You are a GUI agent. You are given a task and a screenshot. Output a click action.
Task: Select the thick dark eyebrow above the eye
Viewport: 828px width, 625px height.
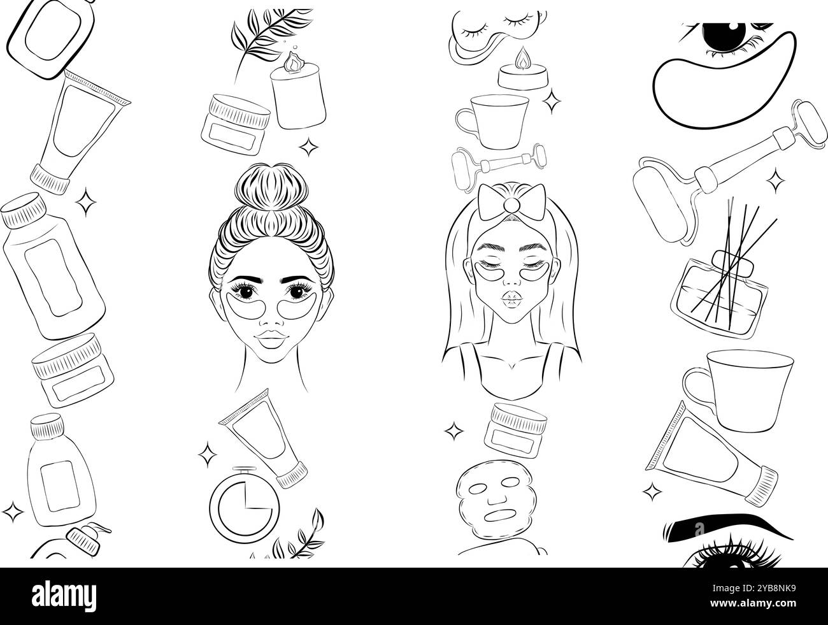click(710, 530)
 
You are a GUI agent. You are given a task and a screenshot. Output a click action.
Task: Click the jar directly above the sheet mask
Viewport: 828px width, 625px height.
click(515, 426)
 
